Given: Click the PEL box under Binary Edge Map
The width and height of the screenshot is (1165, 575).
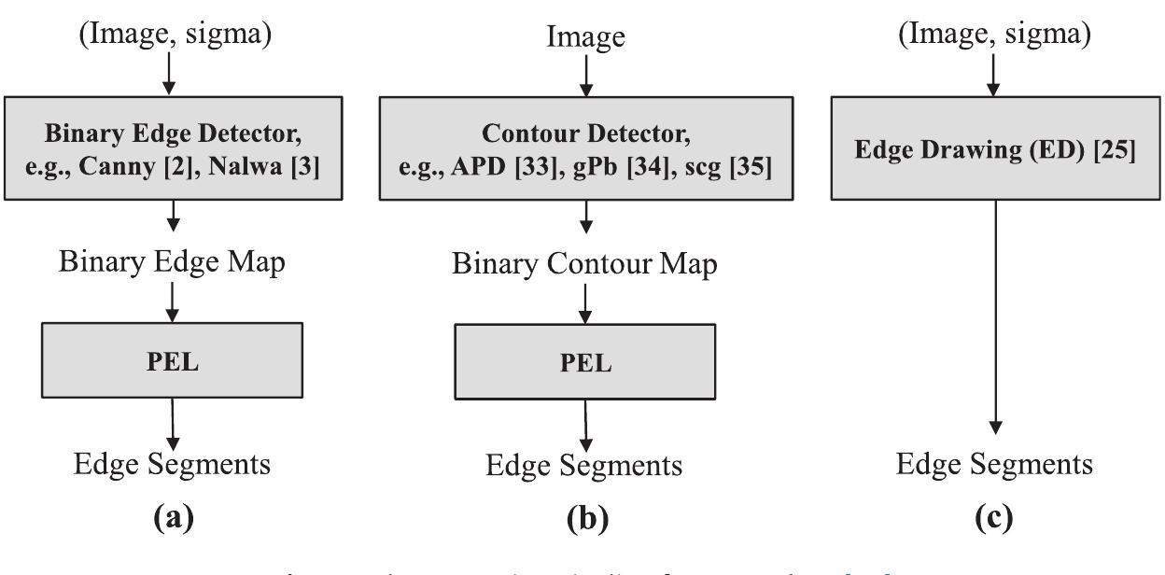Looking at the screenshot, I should (x=173, y=359).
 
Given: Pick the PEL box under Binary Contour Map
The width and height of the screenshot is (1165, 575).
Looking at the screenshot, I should (x=585, y=362).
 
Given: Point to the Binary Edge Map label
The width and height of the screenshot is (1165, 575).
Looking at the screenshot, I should (x=173, y=262).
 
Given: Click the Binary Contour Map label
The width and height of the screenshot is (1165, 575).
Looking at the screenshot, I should (x=585, y=264).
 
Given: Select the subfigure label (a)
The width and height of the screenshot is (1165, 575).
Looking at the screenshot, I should (x=173, y=515).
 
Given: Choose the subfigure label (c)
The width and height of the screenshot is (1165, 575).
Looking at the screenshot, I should (x=993, y=515).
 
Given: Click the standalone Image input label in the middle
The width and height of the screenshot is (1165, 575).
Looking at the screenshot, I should (x=585, y=37).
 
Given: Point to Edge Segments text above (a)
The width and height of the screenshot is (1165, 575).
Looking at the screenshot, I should (x=173, y=463).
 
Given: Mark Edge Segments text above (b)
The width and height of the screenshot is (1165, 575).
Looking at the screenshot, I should (x=585, y=464).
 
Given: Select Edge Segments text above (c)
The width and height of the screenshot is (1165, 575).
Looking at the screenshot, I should (x=993, y=463).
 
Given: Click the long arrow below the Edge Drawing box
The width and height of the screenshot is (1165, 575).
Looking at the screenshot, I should (x=994, y=317).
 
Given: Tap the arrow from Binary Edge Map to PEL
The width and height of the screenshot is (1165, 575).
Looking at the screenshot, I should (x=173, y=301).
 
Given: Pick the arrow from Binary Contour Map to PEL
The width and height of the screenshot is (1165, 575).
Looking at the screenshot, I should (x=585, y=303).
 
